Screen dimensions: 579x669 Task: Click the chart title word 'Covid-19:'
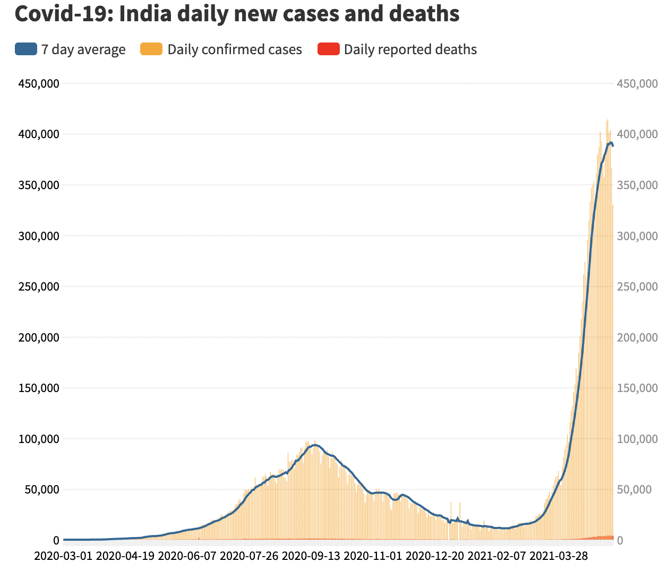pyautogui.click(x=63, y=14)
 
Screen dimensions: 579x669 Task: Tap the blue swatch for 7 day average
pyautogui.click(x=26, y=49)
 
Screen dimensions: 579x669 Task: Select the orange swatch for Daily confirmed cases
pyautogui.click(x=151, y=49)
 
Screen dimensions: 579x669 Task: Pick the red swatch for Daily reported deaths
pyautogui.click(x=328, y=49)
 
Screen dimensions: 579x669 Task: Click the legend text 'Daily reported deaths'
pyautogui.click(x=410, y=49)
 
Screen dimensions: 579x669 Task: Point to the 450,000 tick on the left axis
pyautogui.click(x=38, y=83)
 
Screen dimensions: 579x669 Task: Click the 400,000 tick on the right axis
pyautogui.click(x=637, y=134)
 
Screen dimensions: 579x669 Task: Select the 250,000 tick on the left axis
pyautogui.click(x=38, y=287)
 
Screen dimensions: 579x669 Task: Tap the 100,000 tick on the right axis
pyautogui.click(x=637, y=439)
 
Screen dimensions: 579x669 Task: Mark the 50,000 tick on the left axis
pyautogui.click(x=41, y=490)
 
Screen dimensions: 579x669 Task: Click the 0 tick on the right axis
pyautogui.click(x=620, y=541)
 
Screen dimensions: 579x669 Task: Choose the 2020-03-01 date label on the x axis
pyautogui.click(x=63, y=556)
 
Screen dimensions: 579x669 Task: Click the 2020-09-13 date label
pyautogui.click(x=311, y=556)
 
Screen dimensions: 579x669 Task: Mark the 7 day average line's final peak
pyautogui.click(x=611, y=143)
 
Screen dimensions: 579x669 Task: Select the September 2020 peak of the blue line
pyautogui.click(x=315, y=445)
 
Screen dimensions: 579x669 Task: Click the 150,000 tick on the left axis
pyautogui.click(x=38, y=388)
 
